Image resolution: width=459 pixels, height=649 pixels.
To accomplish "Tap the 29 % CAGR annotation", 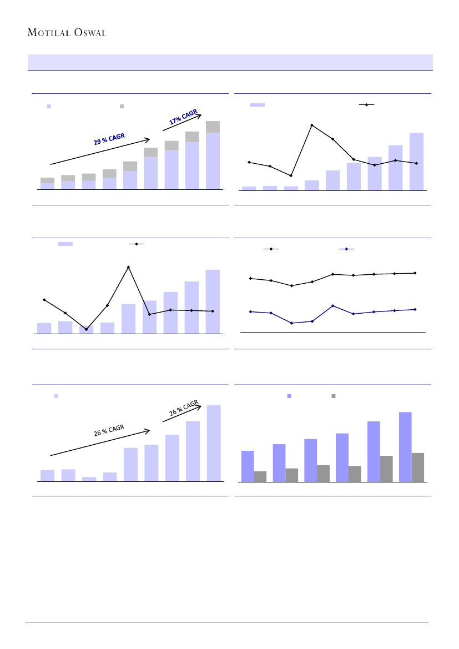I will [109, 139].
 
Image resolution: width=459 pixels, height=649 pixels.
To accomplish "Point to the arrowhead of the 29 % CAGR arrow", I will [150, 139].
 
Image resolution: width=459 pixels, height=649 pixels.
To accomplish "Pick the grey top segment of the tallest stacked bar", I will [213, 127].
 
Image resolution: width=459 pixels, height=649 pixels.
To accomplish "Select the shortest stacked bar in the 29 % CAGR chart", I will [47, 184].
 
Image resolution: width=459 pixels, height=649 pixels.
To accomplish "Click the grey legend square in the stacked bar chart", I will [122, 105].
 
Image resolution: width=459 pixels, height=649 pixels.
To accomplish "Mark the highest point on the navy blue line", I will [332, 306].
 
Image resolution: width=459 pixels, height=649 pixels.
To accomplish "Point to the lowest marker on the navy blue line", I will [291, 323].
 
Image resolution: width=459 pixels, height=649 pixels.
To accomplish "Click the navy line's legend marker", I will [346, 249].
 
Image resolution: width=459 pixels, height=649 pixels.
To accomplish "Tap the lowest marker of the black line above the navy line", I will [291, 285].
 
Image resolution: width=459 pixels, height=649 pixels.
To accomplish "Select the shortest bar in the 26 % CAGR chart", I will [89, 479].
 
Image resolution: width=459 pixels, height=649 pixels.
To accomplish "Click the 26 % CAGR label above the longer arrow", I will [109, 431].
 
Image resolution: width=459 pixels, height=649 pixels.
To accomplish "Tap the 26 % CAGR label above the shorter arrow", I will [183, 411].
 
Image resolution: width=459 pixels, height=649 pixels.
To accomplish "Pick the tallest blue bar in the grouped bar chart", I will [405, 447].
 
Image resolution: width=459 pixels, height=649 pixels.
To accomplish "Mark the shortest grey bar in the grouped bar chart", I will [260, 476].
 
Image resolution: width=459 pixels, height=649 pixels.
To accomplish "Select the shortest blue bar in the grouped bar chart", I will [248, 466].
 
